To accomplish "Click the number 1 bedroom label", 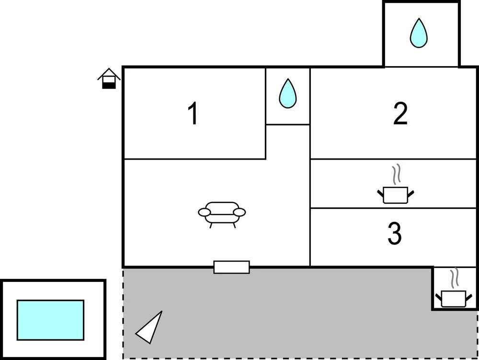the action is point(194,113).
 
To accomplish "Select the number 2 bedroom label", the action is point(400,114).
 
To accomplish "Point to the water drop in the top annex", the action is point(419,33).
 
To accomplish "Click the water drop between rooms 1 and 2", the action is point(287,93).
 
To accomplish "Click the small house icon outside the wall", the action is point(109,79).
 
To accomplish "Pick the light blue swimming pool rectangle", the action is point(50,320).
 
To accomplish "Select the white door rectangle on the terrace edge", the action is point(231,267).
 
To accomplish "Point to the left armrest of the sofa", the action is point(205,212).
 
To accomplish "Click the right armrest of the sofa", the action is point(239,212).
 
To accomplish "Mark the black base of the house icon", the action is point(109,86).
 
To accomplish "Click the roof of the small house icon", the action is point(109,73).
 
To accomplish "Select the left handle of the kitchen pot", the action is point(381,194).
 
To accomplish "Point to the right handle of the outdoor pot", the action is point(469,297).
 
